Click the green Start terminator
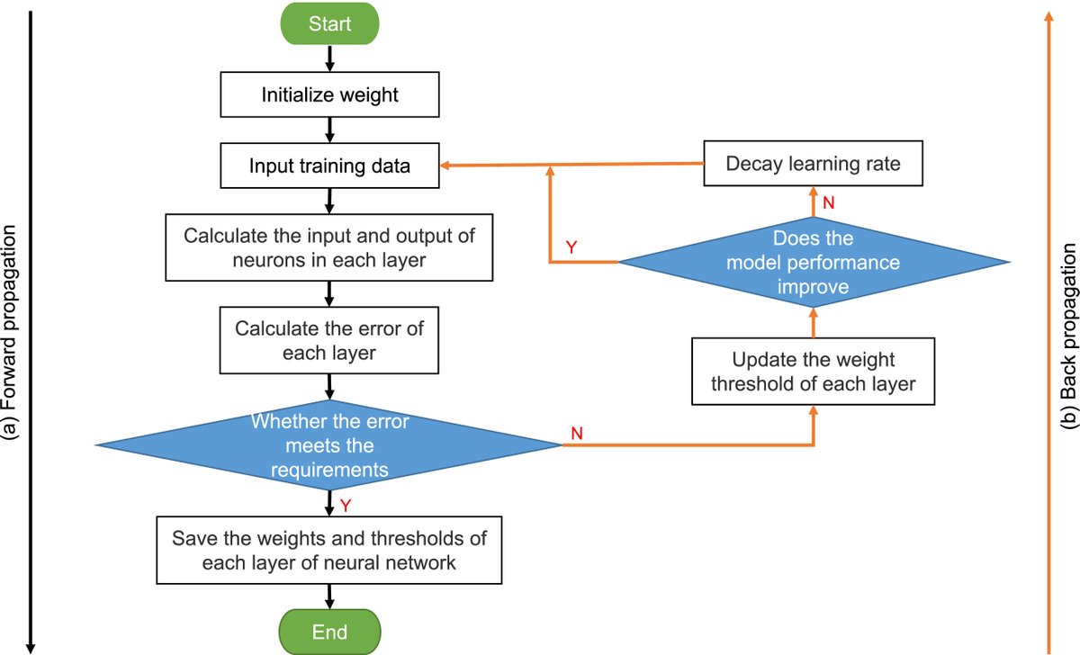[329, 23]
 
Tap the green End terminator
[329, 631]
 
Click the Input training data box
[329, 166]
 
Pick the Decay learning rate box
[813, 164]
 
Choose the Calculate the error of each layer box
[329, 341]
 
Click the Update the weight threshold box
[813, 372]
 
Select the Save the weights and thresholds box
[329, 552]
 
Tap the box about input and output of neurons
[329, 248]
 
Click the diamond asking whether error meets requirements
[329, 444]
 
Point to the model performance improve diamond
[813, 263]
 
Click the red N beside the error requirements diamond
[577, 434]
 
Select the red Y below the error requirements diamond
[345, 506]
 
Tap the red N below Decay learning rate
[829, 203]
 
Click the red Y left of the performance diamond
[571, 247]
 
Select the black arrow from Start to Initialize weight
[329, 58]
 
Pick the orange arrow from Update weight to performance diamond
[813, 321]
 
